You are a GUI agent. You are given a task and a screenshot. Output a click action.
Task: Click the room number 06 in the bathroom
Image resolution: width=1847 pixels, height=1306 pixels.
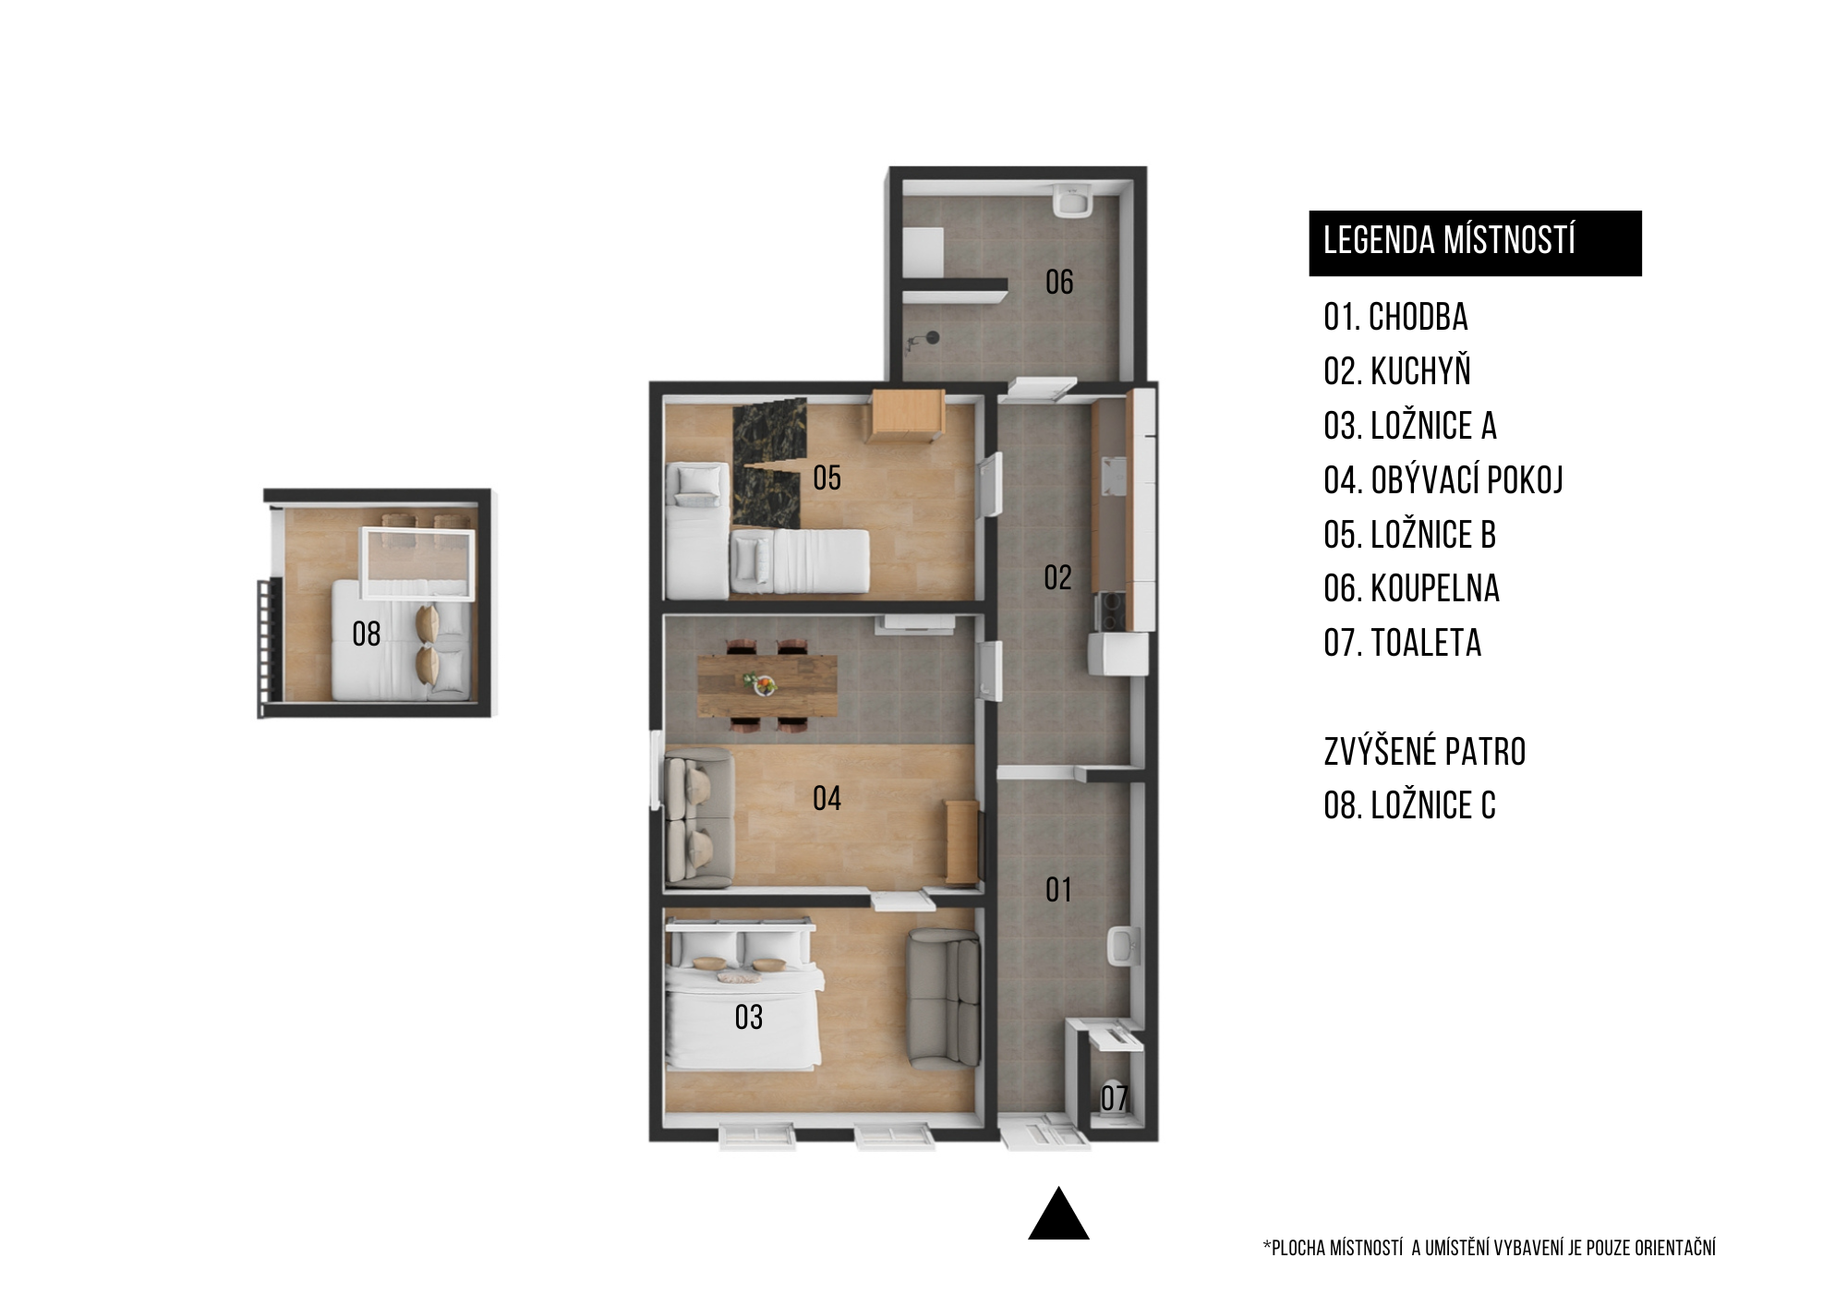[x=1059, y=282]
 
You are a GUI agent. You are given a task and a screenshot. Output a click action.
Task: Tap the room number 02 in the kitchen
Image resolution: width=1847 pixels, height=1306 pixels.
[x=1057, y=578]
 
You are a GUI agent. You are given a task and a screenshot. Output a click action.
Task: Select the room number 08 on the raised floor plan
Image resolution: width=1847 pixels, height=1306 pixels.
[x=367, y=634]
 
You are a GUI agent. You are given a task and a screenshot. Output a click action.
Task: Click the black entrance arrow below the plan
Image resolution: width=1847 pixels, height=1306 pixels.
[x=1058, y=1213]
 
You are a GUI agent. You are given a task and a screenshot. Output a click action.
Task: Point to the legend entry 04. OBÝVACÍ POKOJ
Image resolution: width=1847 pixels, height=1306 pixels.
[x=1443, y=480]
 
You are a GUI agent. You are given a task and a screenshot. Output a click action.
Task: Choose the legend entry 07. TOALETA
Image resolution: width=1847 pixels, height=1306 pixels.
[x=1403, y=643]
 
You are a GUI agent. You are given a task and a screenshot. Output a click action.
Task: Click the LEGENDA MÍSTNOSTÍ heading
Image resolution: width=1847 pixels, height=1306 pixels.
[x=1449, y=240]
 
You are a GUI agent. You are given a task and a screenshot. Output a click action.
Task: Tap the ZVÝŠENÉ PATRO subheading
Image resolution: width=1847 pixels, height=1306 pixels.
[x=1425, y=752]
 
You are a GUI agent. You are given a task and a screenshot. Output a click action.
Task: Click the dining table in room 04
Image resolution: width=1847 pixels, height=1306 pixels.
[x=767, y=685]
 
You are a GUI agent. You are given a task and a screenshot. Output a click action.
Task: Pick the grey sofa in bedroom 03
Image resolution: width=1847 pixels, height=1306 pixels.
[x=942, y=998]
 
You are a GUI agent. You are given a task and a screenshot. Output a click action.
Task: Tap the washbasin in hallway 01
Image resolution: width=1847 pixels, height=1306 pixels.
[x=1124, y=947]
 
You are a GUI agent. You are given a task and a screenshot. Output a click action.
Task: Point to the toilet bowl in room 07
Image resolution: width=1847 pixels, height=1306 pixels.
[x=1115, y=1100]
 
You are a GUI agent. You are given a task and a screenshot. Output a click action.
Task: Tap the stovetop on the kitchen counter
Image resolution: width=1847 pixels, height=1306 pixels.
[x=1109, y=611]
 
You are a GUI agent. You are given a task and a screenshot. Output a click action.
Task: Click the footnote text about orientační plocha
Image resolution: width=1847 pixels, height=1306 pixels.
[x=1489, y=1249]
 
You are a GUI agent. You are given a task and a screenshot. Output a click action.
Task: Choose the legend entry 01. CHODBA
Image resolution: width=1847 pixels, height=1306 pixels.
[x=1395, y=318]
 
